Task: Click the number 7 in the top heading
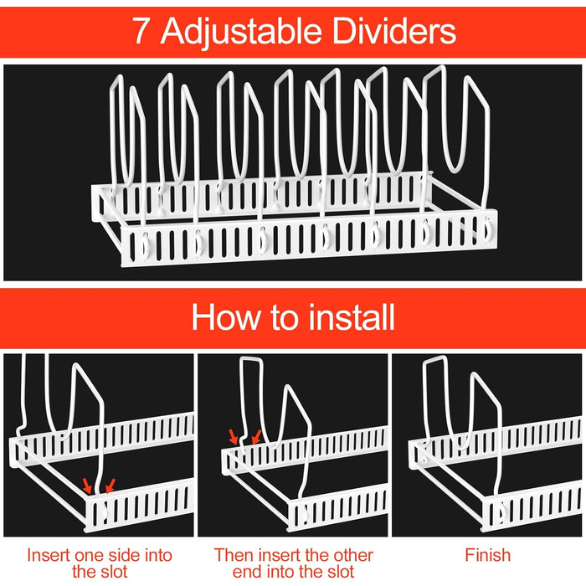tap(141, 31)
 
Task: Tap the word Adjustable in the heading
tap(241, 32)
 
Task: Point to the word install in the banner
tap(352, 317)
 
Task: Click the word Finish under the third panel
tap(488, 555)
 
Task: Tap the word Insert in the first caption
tap(49, 555)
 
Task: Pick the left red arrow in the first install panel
tap(87, 486)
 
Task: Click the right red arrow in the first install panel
tap(110, 486)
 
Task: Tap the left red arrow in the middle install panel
tap(234, 436)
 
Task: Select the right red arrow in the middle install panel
tap(256, 436)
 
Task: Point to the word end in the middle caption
tap(244, 572)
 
